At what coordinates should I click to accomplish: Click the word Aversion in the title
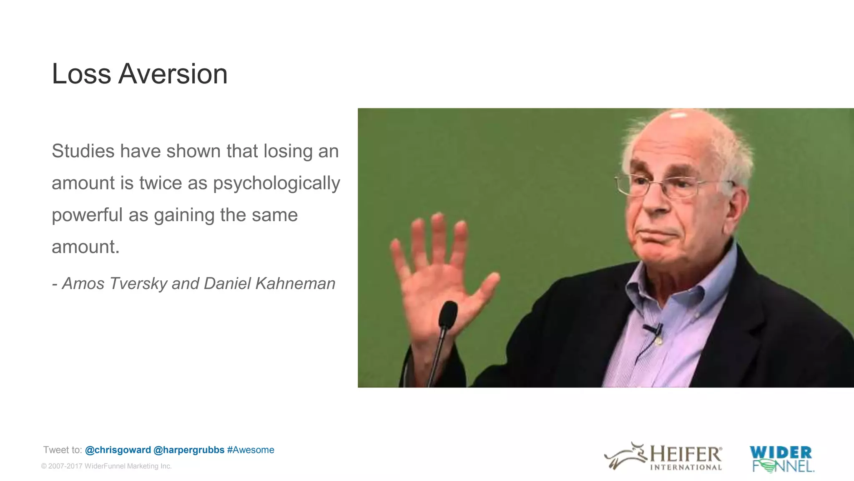click(x=173, y=74)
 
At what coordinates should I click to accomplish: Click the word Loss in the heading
click(x=81, y=74)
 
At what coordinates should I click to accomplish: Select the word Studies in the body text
click(x=83, y=151)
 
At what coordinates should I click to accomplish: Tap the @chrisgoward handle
click(x=118, y=450)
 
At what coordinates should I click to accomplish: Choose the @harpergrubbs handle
click(x=189, y=450)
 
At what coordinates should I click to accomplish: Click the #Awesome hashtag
click(x=251, y=450)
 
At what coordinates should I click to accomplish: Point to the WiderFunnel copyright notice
click(x=106, y=466)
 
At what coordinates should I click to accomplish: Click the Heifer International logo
click(x=663, y=456)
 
